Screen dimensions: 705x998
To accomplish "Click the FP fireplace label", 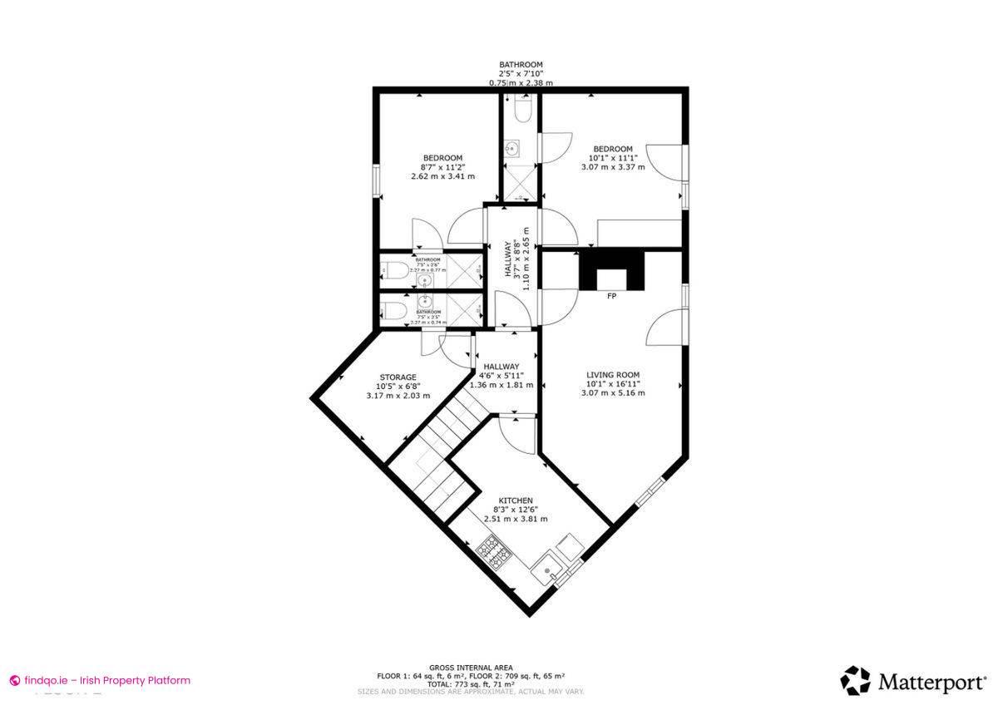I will [x=611, y=296].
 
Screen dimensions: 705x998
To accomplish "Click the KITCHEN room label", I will [x=516, y=500].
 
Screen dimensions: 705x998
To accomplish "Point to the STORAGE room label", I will [x=398, y=377].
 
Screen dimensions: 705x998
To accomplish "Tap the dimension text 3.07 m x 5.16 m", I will [x=612, y=393].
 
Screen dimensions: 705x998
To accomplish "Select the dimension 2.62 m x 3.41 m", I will [x=442, y=176].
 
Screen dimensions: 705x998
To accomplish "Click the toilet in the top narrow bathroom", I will [x=521, y=110].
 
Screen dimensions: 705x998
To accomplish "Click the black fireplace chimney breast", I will [x=611, y=270].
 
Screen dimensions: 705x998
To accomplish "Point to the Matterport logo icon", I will [x=855, y=681].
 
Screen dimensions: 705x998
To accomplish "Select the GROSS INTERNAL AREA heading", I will [x=471, y=668].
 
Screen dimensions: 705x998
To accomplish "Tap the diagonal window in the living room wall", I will [x=650, y=491].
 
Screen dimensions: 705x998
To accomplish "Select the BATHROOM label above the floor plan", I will [x=521, y=65].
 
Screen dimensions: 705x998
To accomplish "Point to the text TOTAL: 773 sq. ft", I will [x=471, y=683].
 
